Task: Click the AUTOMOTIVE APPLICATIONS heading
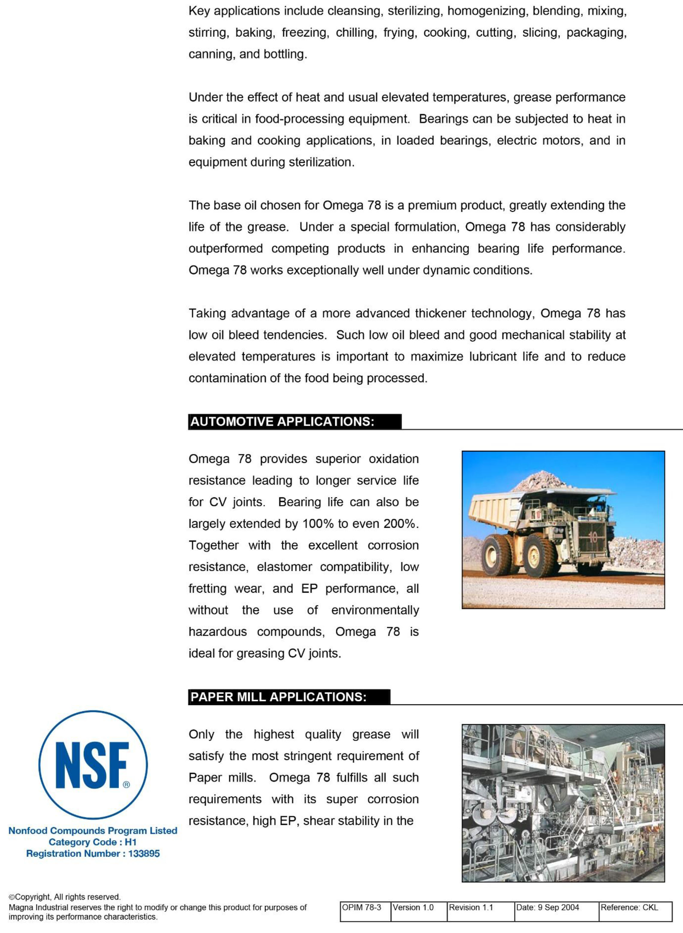282,422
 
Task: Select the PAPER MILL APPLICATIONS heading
278,697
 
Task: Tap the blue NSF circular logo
93,765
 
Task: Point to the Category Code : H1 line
93,842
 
